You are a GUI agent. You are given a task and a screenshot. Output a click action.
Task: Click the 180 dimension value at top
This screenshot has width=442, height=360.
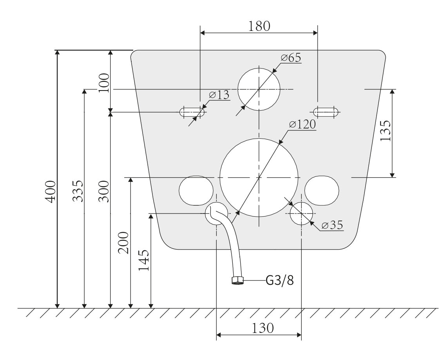point(259,26)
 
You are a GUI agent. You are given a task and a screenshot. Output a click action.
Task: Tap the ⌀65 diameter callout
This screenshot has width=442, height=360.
point(291,58)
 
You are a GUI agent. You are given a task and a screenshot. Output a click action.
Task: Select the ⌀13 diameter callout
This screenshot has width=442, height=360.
point(219,95)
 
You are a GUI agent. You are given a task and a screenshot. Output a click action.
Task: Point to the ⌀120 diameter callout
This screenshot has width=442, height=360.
point(302,125)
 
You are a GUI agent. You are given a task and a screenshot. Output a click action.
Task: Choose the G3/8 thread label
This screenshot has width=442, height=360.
point(279,280)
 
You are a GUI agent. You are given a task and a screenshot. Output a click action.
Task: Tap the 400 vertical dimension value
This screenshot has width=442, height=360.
point(50,191)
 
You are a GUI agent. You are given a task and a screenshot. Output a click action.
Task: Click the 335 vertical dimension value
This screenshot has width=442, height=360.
point(78,191)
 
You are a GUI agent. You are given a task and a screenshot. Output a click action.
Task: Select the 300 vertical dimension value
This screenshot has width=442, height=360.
point(103,191)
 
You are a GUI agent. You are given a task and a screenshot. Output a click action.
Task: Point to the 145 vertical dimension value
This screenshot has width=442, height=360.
point(143,261)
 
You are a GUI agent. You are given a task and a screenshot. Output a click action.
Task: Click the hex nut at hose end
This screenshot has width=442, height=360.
point(237,280)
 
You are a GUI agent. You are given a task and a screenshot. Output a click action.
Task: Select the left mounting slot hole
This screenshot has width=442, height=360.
point(192,112)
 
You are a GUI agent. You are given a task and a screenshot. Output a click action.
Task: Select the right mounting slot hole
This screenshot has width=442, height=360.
point(326,112)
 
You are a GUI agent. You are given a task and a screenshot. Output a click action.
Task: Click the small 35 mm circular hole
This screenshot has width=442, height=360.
point(301,213)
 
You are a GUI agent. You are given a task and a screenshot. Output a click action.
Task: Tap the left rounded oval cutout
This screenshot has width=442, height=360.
point(196,191)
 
